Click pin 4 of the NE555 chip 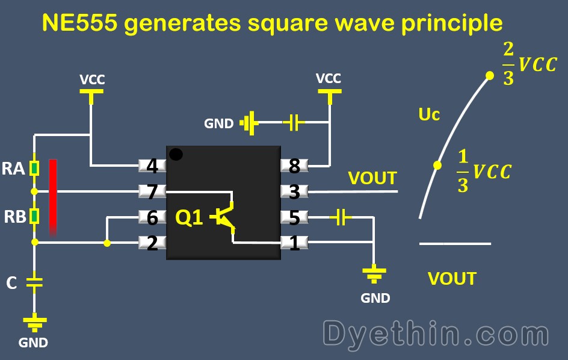(152, 165)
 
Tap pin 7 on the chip (152, 191)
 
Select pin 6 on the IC (152, 217)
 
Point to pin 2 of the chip (152, 243)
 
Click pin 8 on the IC (295, 165)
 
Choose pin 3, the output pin (295, 191)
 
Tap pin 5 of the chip (295, 217)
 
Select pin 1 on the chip (295, 243)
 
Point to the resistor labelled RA (35, 168)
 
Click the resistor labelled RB (35, 216)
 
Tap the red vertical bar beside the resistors (54, 196)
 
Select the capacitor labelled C (35, 282)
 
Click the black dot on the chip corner (176, 154)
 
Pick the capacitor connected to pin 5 (341, 217)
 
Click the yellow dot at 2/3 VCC (490, 75)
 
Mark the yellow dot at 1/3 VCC (438, 165)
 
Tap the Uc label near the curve (429, 114)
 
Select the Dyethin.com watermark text (436, 333)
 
